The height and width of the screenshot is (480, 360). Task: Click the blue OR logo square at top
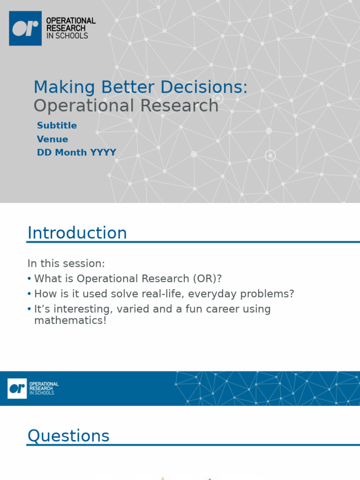25,28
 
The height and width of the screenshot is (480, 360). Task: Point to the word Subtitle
57,126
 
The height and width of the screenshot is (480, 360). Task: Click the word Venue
52,139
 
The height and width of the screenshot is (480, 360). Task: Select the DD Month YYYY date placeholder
76,153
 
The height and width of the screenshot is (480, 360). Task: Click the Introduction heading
77,233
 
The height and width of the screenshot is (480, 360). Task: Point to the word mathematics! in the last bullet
70,321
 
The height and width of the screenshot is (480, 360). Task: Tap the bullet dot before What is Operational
30,279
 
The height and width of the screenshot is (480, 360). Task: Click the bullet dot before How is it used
30,294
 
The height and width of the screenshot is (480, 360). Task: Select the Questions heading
68,436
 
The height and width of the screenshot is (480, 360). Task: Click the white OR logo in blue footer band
17,389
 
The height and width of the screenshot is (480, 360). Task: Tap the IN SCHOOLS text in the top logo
67,36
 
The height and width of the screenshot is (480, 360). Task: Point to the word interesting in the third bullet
80,309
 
